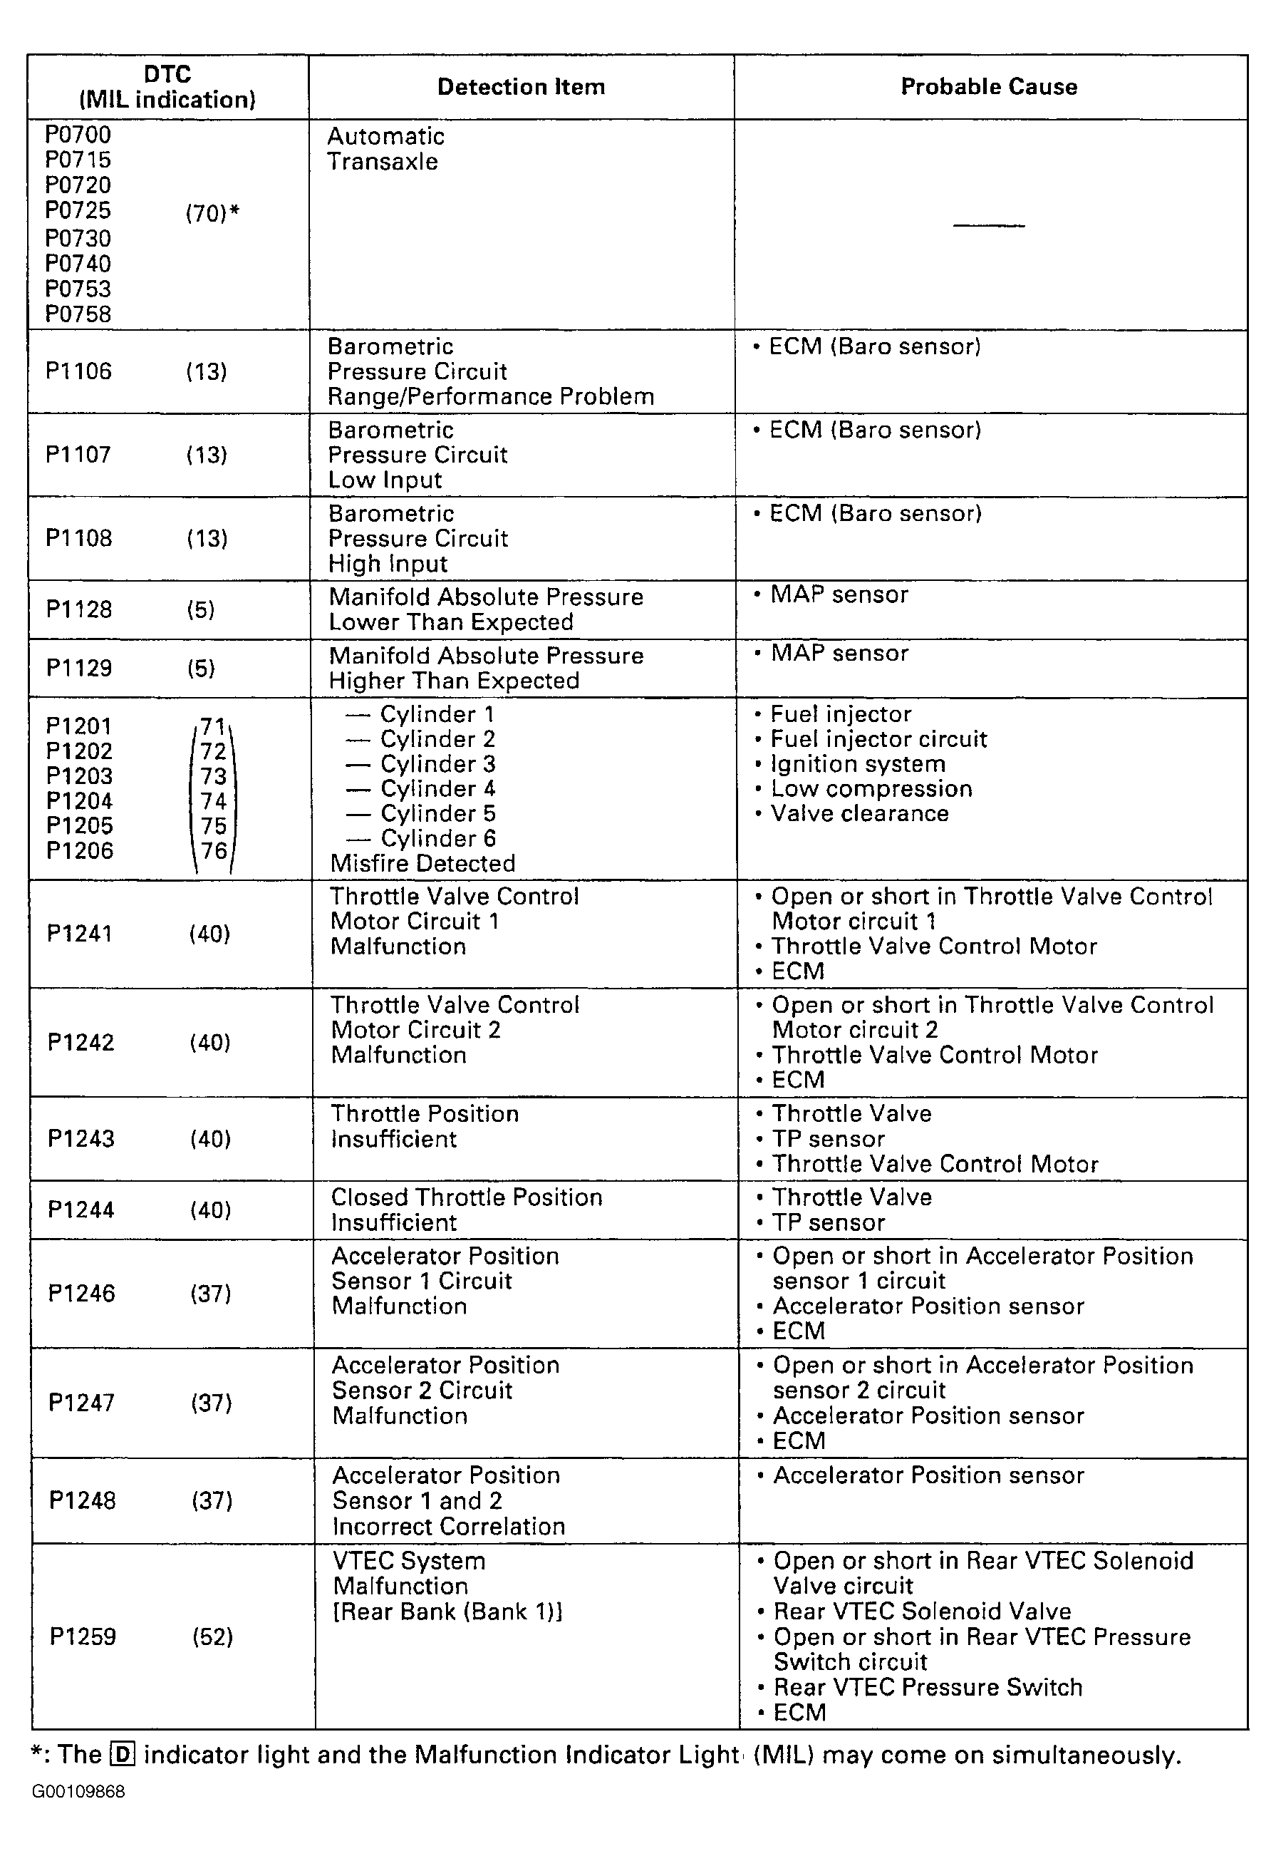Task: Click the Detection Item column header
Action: pyautogui.click(x=522, y=86)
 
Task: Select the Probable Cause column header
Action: pyautogui.click(x=989, y=86)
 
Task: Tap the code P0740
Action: pyautogui.click(x=78, y=263)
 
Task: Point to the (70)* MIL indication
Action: pyautogui.click(x=212, y=214)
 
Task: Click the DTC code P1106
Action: pyautogui.click(x=78, y=371)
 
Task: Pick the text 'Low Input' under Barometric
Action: pyautogui.click(x=385, y=480)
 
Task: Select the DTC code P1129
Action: pyautogui.click(x=79, y=668)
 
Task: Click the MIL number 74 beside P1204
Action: pyautogui.click(x=214, y=800)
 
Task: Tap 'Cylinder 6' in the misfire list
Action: pyautogui.click(x=437, y=838)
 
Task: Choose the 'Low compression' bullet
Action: pyautogui.click(x=871, y=789)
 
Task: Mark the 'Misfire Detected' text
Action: pyautogui.click(x=422, y=863)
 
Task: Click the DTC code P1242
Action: pyautogui.click(x=81, y=1042)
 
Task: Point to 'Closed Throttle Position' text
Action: pyautogui.click(x=466, y=1197)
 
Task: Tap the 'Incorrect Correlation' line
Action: pyautogui.click(x=449, y=1526)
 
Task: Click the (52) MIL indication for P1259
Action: pyautogui.click(x=212, y=1636)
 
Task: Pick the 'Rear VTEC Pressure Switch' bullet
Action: pyautogui.click(x=928, y=1687)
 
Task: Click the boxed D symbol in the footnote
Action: pyautogui.click(x=123, y=1755)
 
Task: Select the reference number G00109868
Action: pyautogui.click(x=78, y=1792)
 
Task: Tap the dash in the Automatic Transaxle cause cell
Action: pyautogui.click(x=989, y=225)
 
